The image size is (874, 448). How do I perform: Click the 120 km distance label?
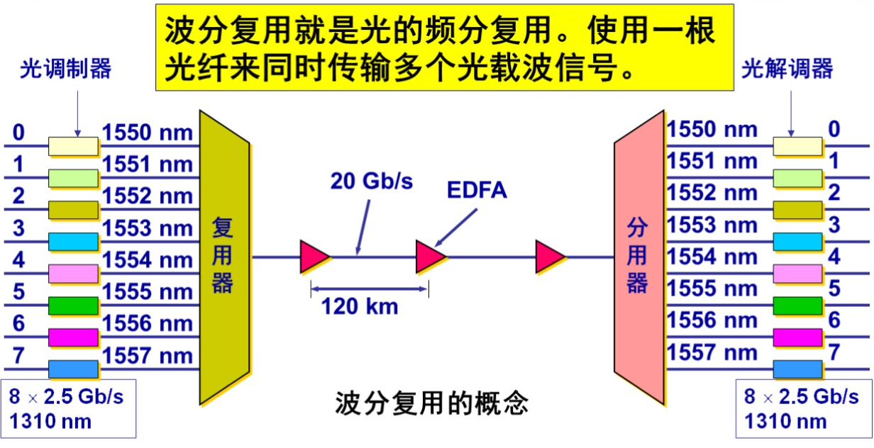(360, 306)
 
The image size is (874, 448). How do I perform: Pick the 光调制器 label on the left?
(65, 69)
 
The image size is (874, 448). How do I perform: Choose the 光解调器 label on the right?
(787, 69)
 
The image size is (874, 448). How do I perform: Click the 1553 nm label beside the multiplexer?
(148, 228)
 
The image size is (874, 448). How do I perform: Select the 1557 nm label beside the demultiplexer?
(712, 352)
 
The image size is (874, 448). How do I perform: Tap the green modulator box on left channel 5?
(73, 306)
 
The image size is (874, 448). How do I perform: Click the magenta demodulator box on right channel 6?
(797, 337)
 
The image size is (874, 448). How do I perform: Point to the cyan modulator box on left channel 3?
(73, 242)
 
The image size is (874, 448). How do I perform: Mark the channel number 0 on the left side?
(18, 133)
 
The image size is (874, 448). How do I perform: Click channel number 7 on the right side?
(834, 352)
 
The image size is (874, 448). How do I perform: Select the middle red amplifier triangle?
(431, 257)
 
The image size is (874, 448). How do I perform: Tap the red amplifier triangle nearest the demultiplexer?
(550, 257)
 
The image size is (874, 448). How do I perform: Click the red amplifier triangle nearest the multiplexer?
(314, 257)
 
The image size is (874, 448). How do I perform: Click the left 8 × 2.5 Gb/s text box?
(67, 408)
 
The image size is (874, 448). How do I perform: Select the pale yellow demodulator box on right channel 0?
(797, 146)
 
